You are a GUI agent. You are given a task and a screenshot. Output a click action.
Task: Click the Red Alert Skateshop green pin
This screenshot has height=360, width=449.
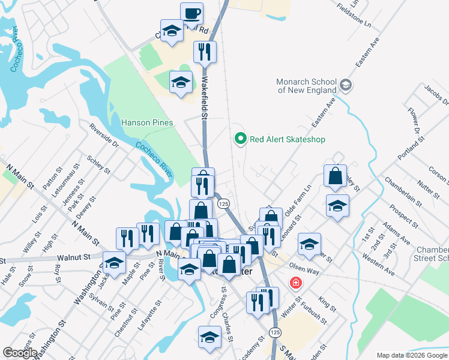pyautogui.click(x=241, y=139)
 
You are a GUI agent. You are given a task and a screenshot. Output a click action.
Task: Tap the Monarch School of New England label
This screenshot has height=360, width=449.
pyautogui.click(x=307, y=86)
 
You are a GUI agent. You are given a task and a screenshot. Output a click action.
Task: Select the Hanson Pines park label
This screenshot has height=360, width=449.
pyautogui.click(x=147, y=122)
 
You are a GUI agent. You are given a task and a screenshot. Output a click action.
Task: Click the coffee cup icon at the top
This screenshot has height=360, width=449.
pyautogui.click(x=191, y=13)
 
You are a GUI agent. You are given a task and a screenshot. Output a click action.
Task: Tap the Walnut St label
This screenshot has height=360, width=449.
pyautogui.click(x=75, y=257)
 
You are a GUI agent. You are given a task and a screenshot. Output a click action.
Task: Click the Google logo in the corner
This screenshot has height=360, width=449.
pyautogui.click(x=20, y=353)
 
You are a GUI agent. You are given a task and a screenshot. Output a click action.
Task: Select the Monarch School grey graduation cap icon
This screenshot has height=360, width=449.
pyautogui.click(x=345, y=86)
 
